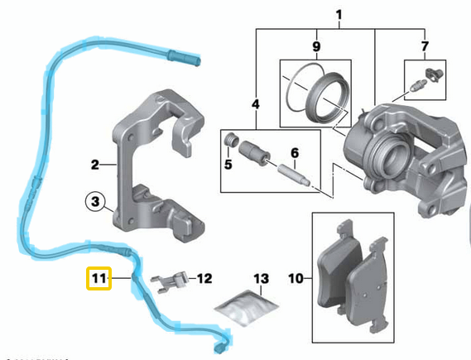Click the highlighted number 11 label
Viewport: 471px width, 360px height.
coord(99,280)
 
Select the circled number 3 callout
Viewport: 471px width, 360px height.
coord(96,200)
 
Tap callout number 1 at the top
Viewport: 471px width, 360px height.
coord(337,14)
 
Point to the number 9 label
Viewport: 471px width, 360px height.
coord(256,104)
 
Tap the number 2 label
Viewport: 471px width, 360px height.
coord(95,165)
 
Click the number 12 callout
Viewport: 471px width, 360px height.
coord(204,279)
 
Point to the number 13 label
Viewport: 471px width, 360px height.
coord(262,279)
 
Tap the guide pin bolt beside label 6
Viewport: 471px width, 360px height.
coord(294,175)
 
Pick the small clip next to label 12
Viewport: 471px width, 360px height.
coord(172,281)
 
